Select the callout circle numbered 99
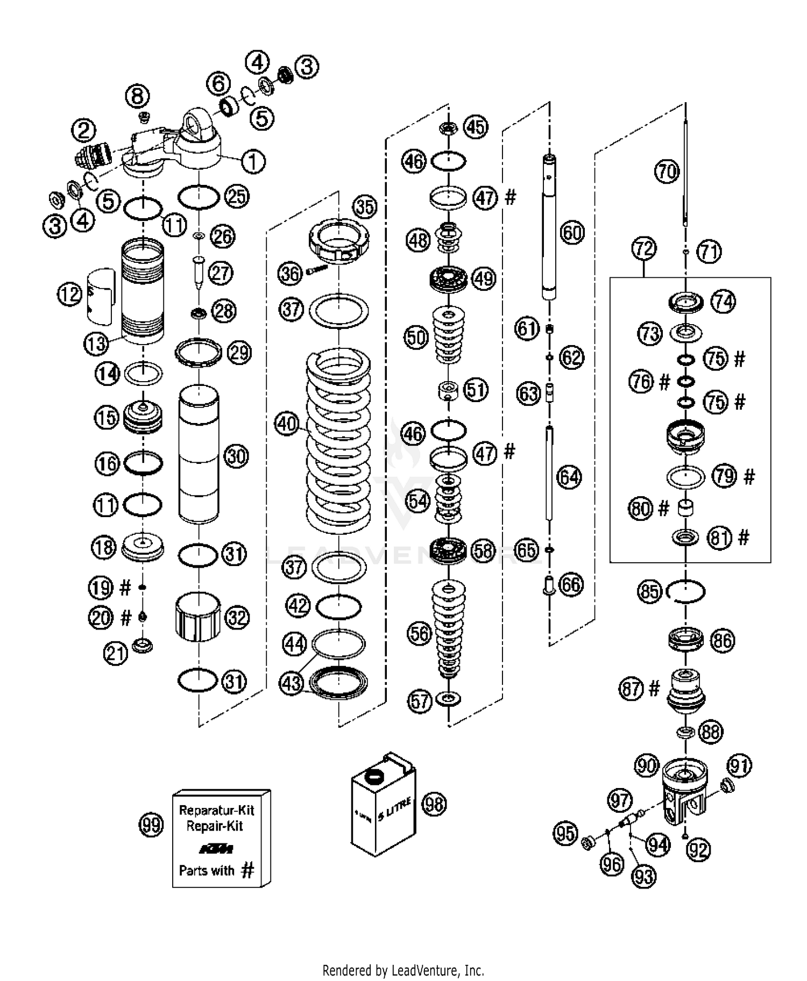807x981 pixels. point(151,825)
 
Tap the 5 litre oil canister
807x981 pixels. point(383,806)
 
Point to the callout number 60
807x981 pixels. point(572,233)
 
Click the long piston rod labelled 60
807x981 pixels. point(549,226)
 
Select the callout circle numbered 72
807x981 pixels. point(644,248)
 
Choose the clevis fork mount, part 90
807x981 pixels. point(682,791)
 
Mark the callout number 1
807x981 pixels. point(253,161)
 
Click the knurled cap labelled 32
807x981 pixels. point(199,617)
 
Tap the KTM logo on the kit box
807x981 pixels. point(216,849)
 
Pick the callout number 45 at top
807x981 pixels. point(476,127)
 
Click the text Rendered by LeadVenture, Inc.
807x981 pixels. point(403,970)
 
